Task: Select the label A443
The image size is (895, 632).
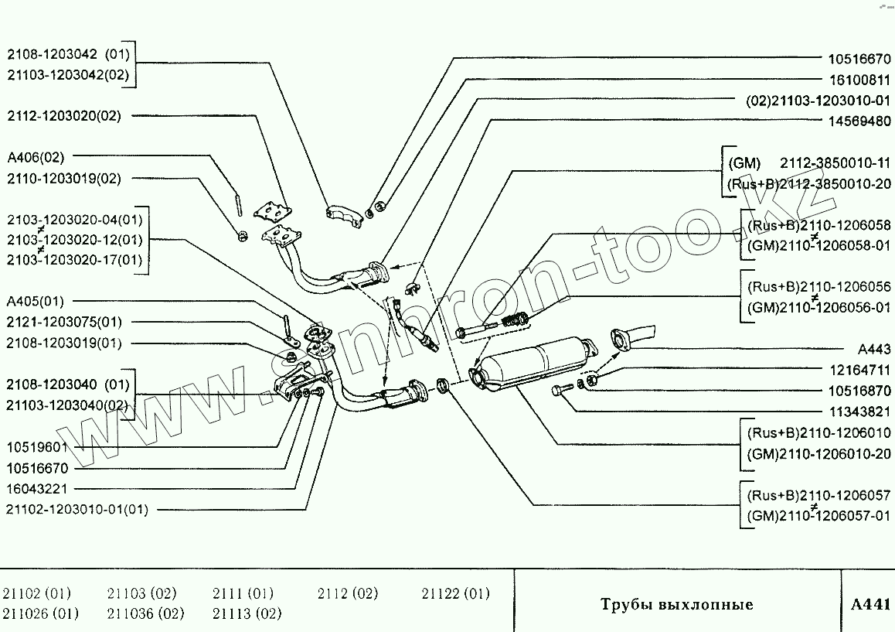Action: [875, 349]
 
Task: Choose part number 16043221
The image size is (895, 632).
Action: [38, 489]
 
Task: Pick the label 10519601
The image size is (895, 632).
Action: [38, 447]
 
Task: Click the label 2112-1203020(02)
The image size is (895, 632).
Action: [65, 115]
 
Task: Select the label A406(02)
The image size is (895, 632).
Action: [36, 157]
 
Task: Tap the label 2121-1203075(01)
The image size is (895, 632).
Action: [64, 322]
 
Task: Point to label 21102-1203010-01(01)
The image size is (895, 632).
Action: [77, 510]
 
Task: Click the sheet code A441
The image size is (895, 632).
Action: [871, 604]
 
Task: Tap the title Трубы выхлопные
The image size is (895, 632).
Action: [677, 604]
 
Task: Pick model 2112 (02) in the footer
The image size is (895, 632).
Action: [348, 594]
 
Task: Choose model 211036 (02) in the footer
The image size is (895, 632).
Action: [146, 614]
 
